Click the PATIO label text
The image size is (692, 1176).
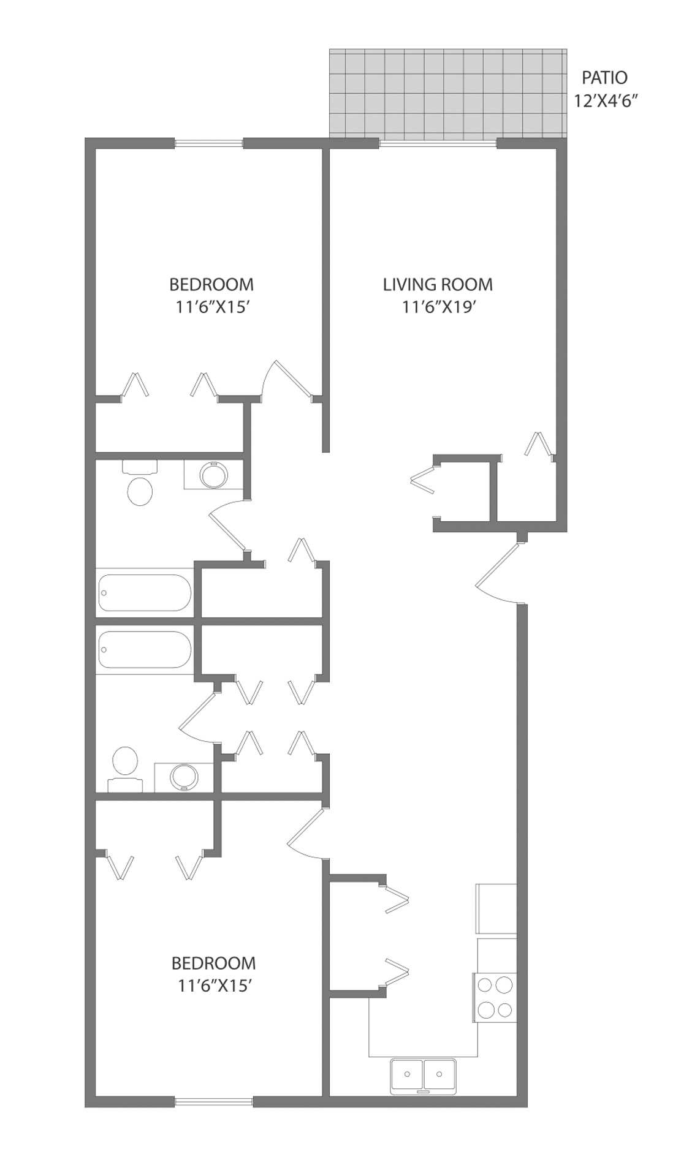pyautogui.click(x=604, y=78)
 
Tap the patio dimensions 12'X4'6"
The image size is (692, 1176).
pyautogui.click(x=603, y=100)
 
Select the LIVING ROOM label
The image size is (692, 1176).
pyautogui.click(x=438, y=284)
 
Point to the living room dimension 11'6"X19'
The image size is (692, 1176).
pyautogui.click(x=439, y=307)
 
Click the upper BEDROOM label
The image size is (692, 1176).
pyautogui.click(x=211, y=284)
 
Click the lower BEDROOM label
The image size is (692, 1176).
pyautogui.click(x=213, y=963)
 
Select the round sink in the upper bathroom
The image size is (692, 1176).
pyautogui.click(x=214, y=475)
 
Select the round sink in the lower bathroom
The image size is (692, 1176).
pyautogui.click(x=184, y=777)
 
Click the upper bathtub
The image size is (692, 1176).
pyautogui.click(x=145, y=592)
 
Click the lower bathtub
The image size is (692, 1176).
pyautogui.click(x=145, y=649)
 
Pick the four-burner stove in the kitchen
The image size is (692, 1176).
pyautogui.click(x=495, y=997)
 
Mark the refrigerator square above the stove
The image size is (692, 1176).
pyautogui.click(x=496, y=908)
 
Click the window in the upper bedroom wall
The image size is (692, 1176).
pyautogui.click(x=209, y=144)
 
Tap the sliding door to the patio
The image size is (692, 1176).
pyautogui.click(x=437, y=144)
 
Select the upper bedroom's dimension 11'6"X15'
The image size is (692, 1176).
pyautogui.click(x=211, y=307)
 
